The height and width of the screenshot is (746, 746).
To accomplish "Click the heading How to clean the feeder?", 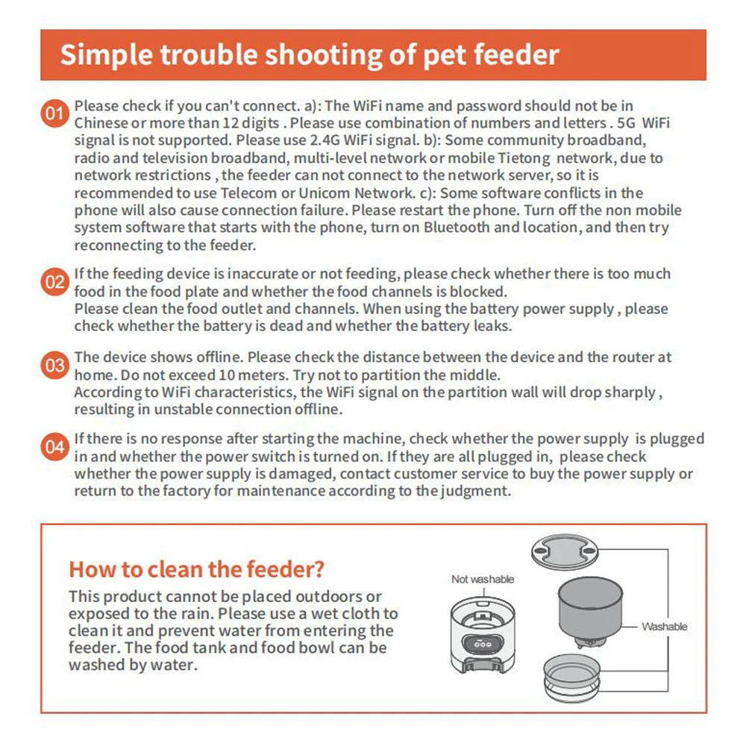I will tap(196, 570).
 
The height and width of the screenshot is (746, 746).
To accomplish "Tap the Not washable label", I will tap(483, 579).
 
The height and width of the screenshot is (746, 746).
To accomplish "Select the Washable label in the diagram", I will tap(664, 627).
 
